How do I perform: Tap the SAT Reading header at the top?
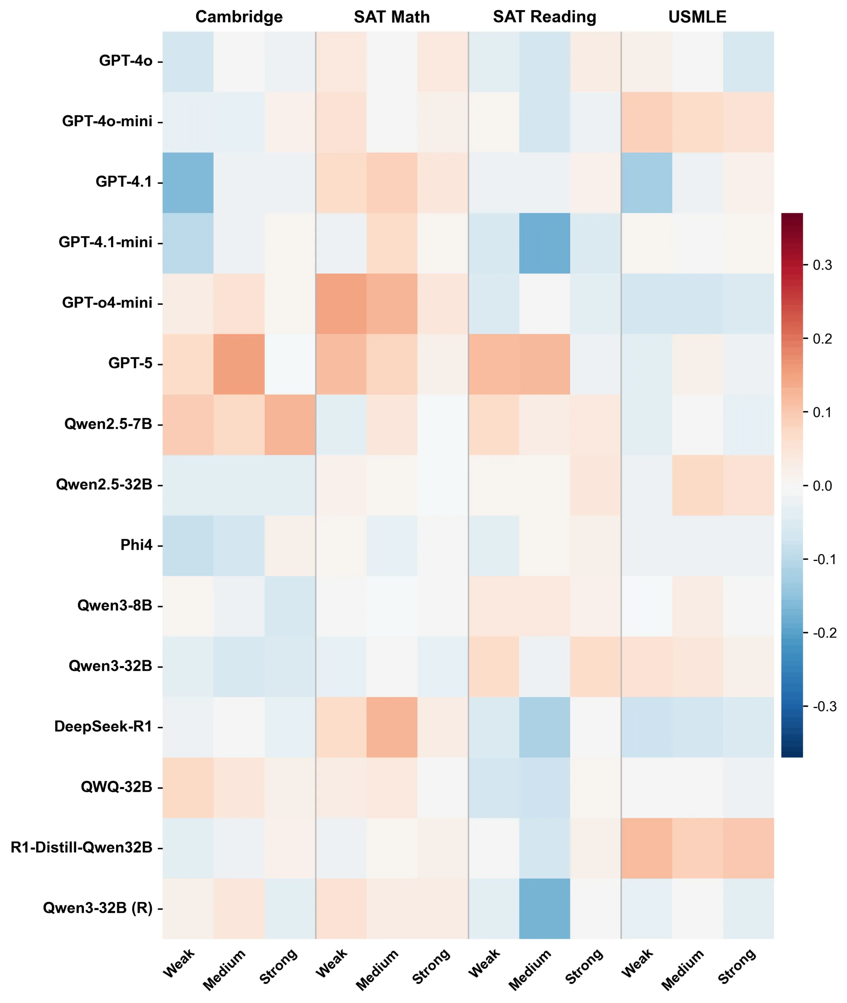coord(544,17)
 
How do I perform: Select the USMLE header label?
coord(697,17)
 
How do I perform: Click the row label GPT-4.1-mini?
coord(105,242)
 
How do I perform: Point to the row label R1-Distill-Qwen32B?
coord(81,847)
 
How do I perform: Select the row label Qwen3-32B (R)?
coord(98,908)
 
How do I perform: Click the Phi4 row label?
coord(136,545)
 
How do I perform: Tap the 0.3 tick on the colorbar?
coord(822,265)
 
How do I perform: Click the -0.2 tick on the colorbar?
coord(824,633)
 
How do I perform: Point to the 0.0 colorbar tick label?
coord(822,486)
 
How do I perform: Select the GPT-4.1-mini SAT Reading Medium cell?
coord(544,243)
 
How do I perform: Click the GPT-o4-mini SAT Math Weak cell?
coord(341,304)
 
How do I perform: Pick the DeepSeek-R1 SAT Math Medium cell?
coord(392,727)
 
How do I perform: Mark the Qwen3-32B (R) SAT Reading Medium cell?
coord(544,909)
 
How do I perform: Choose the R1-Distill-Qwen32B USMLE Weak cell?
coord(646,848)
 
